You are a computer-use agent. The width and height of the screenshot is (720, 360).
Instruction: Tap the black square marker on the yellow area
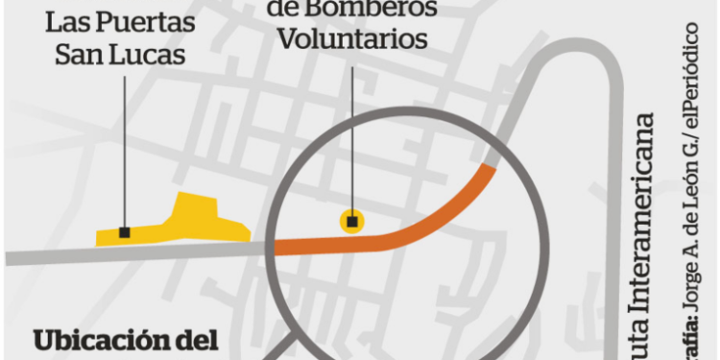click(125, 232)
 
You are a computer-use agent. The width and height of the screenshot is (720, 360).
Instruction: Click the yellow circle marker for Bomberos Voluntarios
click(352, 222)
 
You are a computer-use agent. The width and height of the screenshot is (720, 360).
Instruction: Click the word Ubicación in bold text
click(105, 342)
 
